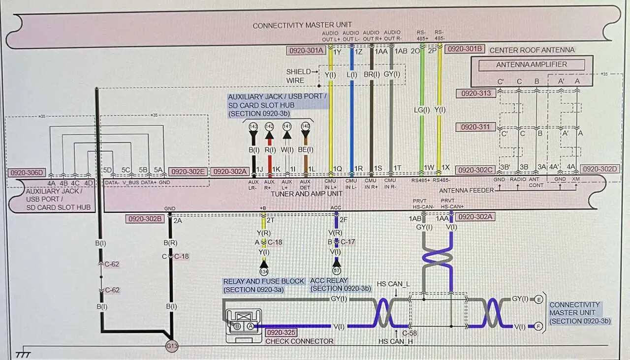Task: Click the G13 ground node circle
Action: pyautogui.click(x=171, y=346)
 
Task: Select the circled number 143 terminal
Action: pyautogui.click(x=253, y=126)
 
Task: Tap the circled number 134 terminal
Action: pyautogui.click(x=264, y=271)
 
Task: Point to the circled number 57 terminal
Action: pyautogui.click(x=337, y=271)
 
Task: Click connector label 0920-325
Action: pyautogui.click(x=282, y=332)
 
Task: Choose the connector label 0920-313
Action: pyautogui.click(x=476, y=93)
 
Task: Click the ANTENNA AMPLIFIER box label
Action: pyautogui.click(x=531, y=64)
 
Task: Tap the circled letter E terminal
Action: pyautogui.click(x=539, y=299)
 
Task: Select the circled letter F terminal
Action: pyautogui.click(x=539, y=326)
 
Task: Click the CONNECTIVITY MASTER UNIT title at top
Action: pyautogui.click(x=302, y=25)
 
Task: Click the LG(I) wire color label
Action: pyautogui.click(x=421, y=110)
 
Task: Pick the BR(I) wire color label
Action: pyautogui.click(x=372, y=75)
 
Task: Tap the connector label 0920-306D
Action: pyautogui.click(x=26, y=173)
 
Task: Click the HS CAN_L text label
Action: pyautogui.click(x=393, y=284)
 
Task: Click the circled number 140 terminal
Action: pyautogui.click(x=306, y=126)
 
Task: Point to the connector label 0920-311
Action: pyautogui.click(x=476, y=127)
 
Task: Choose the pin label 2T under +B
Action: pyautogui.click(x=271, y=220)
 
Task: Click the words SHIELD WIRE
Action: pyautogui.click(x=299, y=76)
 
